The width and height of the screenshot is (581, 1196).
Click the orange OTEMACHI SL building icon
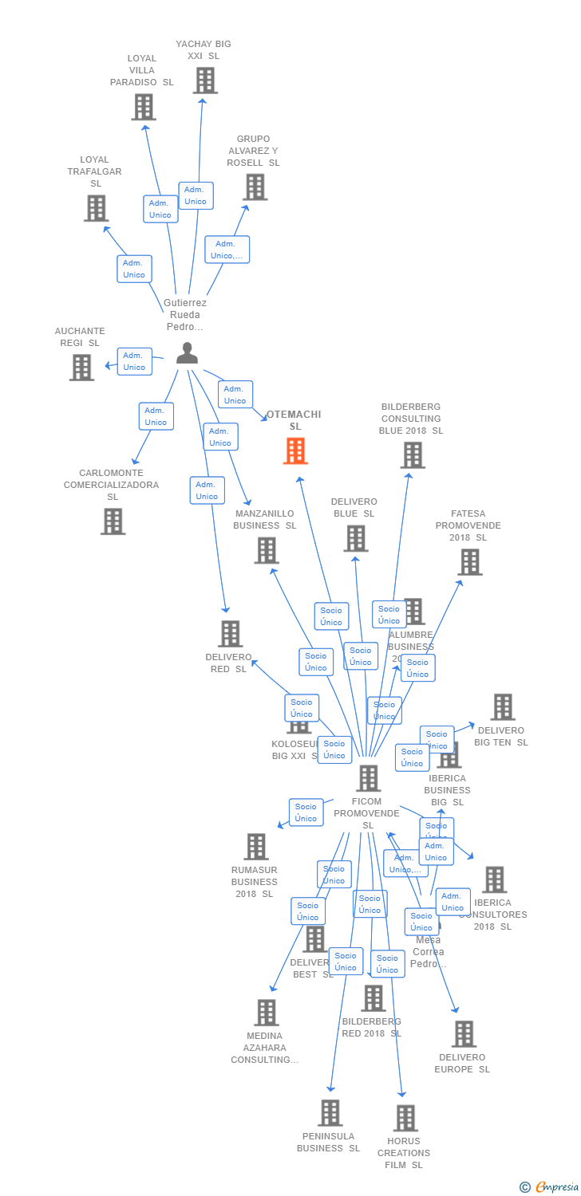(x=295, y=451)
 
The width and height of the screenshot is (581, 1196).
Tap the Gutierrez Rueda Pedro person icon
(x=187, y=353)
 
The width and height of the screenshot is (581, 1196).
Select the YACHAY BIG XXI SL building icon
(x=205, y=81)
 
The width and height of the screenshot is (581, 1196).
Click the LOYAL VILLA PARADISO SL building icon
(x=144, y=107)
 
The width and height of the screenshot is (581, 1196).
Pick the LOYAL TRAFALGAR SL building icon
(x=96, y=208)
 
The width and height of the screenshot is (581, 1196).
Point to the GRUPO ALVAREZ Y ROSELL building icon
(x=255, y=187)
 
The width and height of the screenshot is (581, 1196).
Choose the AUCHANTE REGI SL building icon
(x=81, y=368)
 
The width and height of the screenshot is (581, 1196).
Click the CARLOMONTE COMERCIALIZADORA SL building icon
(x=113, y=521)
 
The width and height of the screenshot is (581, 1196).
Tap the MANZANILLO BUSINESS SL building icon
(x=267, y=550)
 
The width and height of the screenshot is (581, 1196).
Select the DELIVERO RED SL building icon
(x=230, y=634)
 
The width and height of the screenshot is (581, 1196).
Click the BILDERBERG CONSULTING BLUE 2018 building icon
(x=412, y=455)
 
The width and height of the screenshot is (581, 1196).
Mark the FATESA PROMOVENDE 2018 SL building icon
(x=469, y=562)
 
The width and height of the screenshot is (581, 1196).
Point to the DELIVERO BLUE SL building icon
(x=355, y=538)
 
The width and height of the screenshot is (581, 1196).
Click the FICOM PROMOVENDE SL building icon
(x=368, y=778)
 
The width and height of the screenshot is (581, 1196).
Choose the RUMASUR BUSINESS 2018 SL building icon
(x=256, y=847)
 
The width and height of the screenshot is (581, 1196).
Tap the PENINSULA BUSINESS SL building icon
(x=330, y=1113)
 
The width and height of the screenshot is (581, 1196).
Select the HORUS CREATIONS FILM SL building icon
(x=405, y=1118)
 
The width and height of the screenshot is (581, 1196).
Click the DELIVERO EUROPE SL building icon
(x=464, y=1034)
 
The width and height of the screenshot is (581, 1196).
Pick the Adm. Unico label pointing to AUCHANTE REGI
(x=134, y=361)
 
